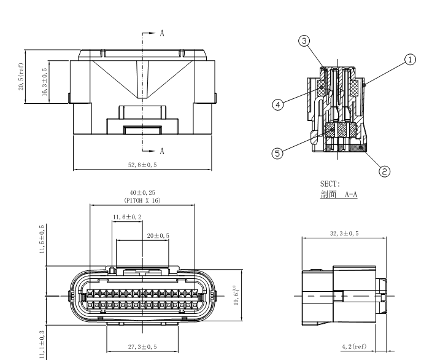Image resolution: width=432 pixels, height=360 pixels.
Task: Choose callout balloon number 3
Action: click(x=303, y=41)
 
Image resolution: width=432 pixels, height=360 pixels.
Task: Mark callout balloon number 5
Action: click(x=278, y=153)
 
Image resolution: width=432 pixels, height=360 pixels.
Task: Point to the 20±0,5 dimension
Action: click(x=158, y=236)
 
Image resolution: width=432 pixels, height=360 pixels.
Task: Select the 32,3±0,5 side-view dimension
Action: click(x=345, y=234)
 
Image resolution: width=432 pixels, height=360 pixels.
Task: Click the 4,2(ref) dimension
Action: click(x=354, y=347)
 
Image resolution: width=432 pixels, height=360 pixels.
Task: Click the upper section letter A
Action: click(x=161, y=34)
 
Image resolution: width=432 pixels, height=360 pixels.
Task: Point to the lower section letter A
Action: click(x=161, y=151)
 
